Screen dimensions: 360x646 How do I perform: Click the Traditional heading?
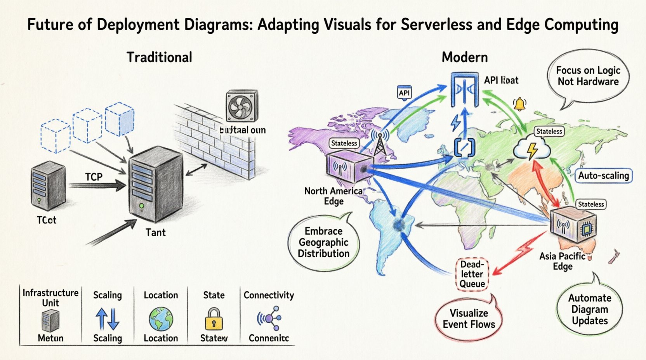pyautogui.click(x=159, y=57)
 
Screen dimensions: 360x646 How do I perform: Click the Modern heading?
pyautogui.click(x=464, y=57)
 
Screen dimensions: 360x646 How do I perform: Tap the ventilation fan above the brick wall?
pyautogui.click(x=241, y=107)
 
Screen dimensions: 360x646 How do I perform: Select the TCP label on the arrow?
pyautogui.click(x=94, y=177)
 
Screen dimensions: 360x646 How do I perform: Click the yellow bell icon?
pyautogui.click(x=519, y=104)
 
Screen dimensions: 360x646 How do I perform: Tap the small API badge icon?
pyautogui.click(x=404, y=93)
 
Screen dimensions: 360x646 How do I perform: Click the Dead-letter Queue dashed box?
pyautogui.click(x=472, y=274)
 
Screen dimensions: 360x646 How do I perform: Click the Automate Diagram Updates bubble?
pyautogui.click(x=589, y=309)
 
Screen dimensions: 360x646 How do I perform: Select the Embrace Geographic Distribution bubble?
pyautogui.click(x=323, y=242)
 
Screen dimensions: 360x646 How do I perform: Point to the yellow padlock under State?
pyautogui.click(x=214, y=319)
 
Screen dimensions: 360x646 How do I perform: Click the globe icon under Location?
pyautogui.click(x=161, y=319)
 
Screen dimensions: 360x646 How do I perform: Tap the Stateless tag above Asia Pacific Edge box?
pyautogui.click(x=591, y=204)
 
